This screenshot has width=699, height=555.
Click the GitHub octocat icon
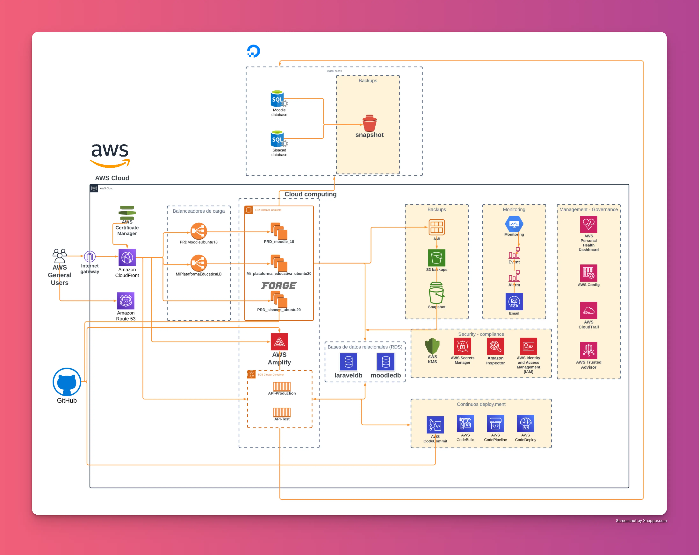[67, 382]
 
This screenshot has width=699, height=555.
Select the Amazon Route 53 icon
[126, 301]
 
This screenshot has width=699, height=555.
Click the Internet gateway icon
[90, 256]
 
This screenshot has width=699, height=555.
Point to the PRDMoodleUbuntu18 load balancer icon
[198, 231]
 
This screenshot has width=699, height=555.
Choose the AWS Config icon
[588, 273]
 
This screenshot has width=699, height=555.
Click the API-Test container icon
[282, 412]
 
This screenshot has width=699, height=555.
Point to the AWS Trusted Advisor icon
[588, 350]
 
